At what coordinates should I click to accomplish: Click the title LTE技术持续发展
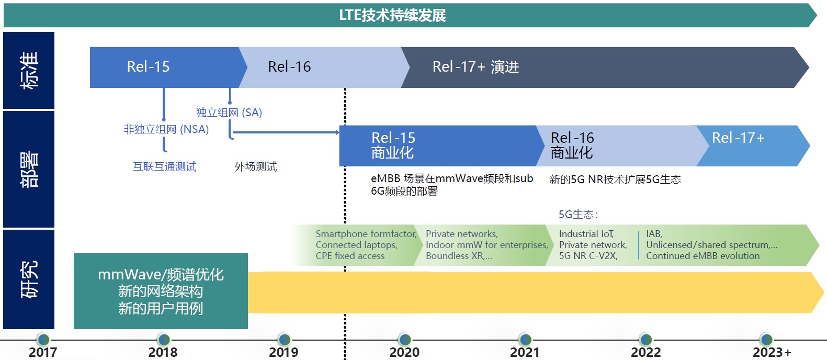392,15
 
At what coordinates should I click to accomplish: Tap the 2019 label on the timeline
284,352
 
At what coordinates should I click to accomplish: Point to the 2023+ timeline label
772,352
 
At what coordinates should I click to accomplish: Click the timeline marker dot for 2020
404,340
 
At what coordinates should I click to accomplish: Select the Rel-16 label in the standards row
289,67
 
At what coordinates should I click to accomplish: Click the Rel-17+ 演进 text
475,67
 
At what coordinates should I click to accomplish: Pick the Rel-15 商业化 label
393,145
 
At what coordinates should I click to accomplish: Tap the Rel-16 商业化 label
572,145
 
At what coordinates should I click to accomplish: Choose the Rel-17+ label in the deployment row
738,138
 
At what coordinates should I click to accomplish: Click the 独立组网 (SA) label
229,113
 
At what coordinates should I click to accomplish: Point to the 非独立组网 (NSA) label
166,129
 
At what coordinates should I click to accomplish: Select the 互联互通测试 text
164,166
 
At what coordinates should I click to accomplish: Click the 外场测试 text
255,166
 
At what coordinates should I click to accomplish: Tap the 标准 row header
29,70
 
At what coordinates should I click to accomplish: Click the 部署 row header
29,169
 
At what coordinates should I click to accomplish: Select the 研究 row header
29,279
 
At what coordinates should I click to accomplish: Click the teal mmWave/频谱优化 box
161,291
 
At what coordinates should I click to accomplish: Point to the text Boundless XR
458,256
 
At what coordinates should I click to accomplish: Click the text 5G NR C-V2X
588,256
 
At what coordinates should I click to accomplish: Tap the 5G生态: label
578,215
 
